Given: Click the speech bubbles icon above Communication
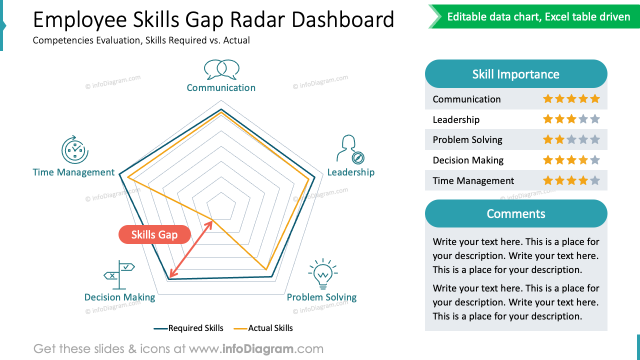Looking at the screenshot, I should tap(221, 69).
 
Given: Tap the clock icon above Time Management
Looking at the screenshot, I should tap(75, 149).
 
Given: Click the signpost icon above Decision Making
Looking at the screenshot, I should tap(119, 274).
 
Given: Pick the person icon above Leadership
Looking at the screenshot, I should tap(349, 149).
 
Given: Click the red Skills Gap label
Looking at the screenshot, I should tap(154, 234).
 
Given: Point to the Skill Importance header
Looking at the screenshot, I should tap(516, 74).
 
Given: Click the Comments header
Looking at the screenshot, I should tap(516, 213).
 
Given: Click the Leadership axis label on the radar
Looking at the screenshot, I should tap(350, 172).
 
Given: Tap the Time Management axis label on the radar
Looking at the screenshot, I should tap(73, 172).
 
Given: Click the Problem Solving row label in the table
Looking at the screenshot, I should tap(467, 139).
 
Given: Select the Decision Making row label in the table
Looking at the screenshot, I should tap(468, 160).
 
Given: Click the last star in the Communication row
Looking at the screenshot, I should tap(594, 98).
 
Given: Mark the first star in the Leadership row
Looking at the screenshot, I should tap(548, 119).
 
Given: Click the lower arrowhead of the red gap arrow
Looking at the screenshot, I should tap(171, 274).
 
